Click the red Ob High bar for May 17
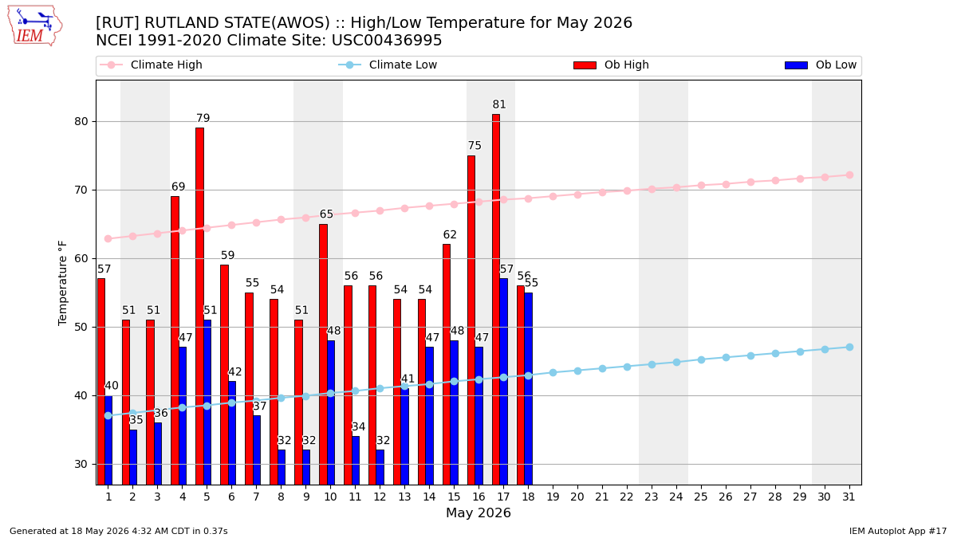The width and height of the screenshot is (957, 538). [496, 300]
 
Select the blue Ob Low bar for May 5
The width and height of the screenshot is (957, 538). [207, 403]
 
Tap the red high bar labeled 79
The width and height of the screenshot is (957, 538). [199, 306]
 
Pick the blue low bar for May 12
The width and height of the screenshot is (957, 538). [380, 467]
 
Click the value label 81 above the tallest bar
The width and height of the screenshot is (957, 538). [499, 104]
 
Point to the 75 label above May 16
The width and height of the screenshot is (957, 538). [475, 146]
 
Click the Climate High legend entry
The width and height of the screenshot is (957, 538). [152, 65]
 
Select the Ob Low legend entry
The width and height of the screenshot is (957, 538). [821, 65]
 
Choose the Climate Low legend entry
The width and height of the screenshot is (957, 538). [388, 65]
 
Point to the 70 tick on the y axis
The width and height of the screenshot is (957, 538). [81, 190]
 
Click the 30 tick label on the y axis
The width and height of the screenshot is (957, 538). [81, 464]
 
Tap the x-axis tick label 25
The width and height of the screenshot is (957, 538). [701, 497]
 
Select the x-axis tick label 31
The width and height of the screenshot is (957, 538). [849, 497]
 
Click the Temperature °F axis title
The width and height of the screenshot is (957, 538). [62, 283]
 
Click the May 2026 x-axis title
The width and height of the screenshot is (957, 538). [478, 512]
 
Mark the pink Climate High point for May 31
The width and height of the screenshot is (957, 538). [849, 175]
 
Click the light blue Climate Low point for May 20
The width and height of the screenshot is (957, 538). [577, 371]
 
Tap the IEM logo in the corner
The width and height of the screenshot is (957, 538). [35, 26]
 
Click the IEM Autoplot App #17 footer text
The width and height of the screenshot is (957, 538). [898, 531]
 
